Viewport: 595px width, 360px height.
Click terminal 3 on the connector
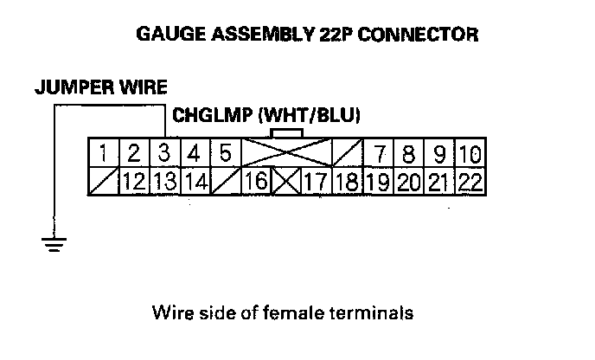coord(163,155)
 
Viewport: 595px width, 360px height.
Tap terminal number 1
coord(104,155)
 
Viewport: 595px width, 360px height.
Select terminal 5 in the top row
coord(224,155)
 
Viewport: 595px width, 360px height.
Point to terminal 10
coord(470,155)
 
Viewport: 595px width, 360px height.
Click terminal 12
coord(133,182)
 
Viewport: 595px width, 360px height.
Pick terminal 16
coord(255,182)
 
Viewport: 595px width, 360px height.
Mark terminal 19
coord(375,182)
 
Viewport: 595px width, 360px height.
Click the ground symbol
coord(54,243)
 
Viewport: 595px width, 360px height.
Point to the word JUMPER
coord(67,87)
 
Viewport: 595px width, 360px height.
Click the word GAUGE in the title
coord(167,35)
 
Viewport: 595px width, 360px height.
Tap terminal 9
coord(439,155)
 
